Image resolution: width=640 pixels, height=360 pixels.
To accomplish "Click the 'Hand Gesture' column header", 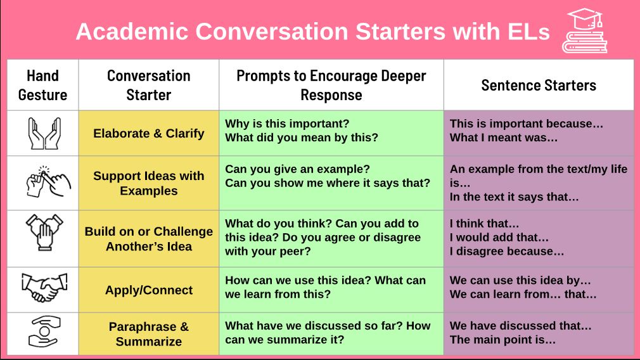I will click(x=42, y=85).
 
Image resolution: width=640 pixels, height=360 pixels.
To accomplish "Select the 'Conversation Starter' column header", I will click(x=148, y=85).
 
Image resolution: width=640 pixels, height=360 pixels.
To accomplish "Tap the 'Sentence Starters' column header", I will click(x=539, y=85).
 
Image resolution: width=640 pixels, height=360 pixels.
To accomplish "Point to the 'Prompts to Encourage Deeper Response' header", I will click(x=331, y=85).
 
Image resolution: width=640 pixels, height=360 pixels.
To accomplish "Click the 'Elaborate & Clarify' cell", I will click(x=148, y=133).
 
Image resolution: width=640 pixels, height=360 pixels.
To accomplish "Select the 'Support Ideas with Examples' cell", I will click(x=148, y=183).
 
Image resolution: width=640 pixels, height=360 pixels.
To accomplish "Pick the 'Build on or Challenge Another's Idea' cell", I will click(x=148, y=239).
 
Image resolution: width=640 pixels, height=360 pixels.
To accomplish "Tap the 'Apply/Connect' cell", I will click(x=148, y=290).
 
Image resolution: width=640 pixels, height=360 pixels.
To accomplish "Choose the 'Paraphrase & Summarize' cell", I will click(x=148, y=334).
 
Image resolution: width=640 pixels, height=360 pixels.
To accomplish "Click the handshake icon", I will click(x=44, y=288).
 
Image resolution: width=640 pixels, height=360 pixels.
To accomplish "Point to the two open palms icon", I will click(x=44, y=133).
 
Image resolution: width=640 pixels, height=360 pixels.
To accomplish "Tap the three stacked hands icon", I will click(x=44, y=235).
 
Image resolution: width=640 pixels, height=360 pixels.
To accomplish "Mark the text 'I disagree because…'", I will click(x=506, y=252).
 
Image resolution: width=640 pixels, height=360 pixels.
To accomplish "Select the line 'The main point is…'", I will click(x=502, y=340).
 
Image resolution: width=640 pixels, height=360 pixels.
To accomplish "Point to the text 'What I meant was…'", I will click(x=503, y=138).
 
